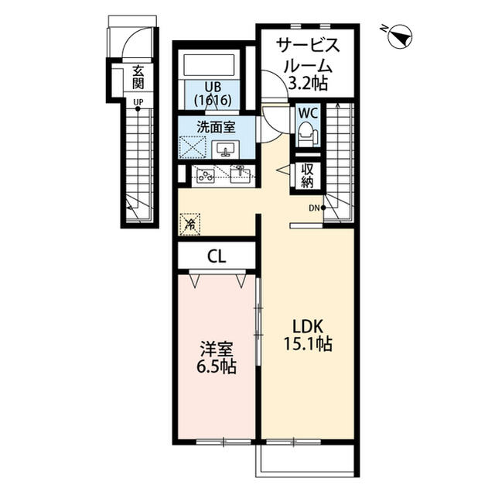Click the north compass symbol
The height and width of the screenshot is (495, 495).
[x=399, y=37]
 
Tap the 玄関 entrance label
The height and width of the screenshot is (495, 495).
[x=138, y=77]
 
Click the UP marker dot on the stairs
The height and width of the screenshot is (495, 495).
[x=138, y=109]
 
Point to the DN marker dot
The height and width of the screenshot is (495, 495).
[x=323, y=208]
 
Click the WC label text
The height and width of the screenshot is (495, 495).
[x=308, y=113]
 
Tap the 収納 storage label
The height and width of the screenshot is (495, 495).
[x=307, y=176]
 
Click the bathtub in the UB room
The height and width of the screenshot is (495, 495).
[x=209, y=65]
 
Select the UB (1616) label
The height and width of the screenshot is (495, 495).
[x=213, y=94]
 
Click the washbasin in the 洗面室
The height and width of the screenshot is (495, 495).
[x=225, y=150]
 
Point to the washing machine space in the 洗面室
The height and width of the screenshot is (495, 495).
[x=193, y=146]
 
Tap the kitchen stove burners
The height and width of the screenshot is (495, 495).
[x=206, y=175]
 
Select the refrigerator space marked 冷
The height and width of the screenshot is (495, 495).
[x=189, y=224]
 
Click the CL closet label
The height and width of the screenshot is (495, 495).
[x=217, y=256]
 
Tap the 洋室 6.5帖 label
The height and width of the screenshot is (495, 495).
[x=217, y=358]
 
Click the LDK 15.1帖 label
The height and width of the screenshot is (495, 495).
[x=308, y=335]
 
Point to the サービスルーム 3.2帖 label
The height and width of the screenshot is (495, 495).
[x=308, y=64]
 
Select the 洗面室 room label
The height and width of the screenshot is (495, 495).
[x=217, y=127]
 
